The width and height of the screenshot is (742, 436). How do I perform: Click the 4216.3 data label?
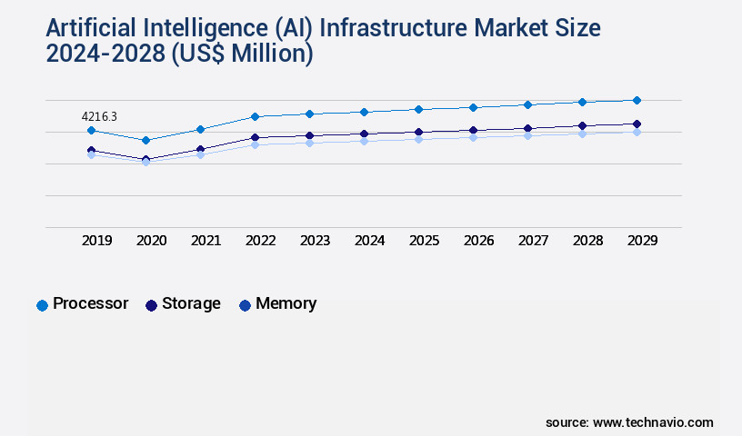99,116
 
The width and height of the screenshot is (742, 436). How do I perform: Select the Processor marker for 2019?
91,131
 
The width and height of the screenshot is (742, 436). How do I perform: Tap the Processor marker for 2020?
145,140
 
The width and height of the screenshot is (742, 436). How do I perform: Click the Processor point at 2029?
637,100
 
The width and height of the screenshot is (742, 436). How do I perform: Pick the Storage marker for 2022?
255,137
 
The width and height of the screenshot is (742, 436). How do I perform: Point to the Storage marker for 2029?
637,124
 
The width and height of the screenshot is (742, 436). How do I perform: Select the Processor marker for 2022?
255,116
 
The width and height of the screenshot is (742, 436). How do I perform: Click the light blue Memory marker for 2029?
637,132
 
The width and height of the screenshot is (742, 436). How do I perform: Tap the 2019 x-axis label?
97,241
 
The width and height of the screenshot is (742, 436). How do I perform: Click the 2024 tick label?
370,241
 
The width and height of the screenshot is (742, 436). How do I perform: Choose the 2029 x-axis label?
643,241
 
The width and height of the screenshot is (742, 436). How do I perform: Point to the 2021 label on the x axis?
206,241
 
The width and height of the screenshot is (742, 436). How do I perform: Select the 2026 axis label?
479,241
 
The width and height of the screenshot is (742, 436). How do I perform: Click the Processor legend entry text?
90,303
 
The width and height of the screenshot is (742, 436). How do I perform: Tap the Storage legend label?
191,303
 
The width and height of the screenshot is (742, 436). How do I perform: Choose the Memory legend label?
286,303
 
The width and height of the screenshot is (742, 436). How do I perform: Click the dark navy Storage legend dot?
151,305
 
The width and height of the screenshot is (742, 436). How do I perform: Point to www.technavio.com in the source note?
653,422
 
